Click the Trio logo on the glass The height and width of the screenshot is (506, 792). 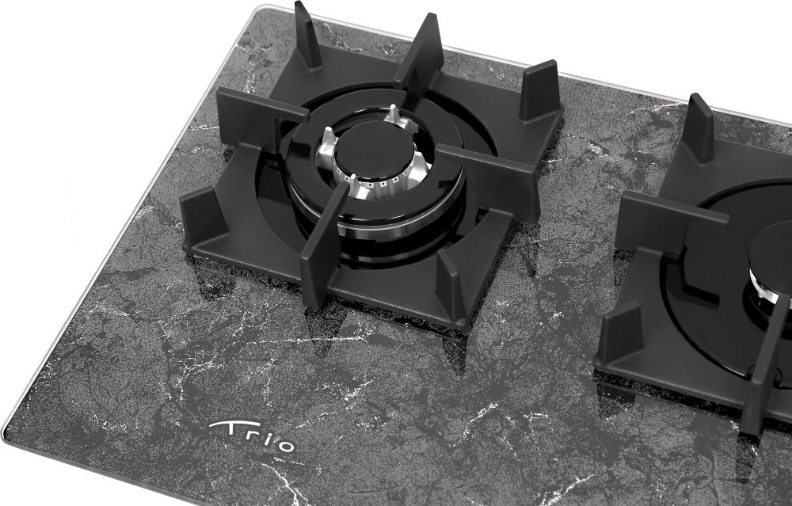pos(252,436)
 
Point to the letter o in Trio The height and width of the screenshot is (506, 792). pos(285,445)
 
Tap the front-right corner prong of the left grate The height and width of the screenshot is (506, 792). pos(451,284)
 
